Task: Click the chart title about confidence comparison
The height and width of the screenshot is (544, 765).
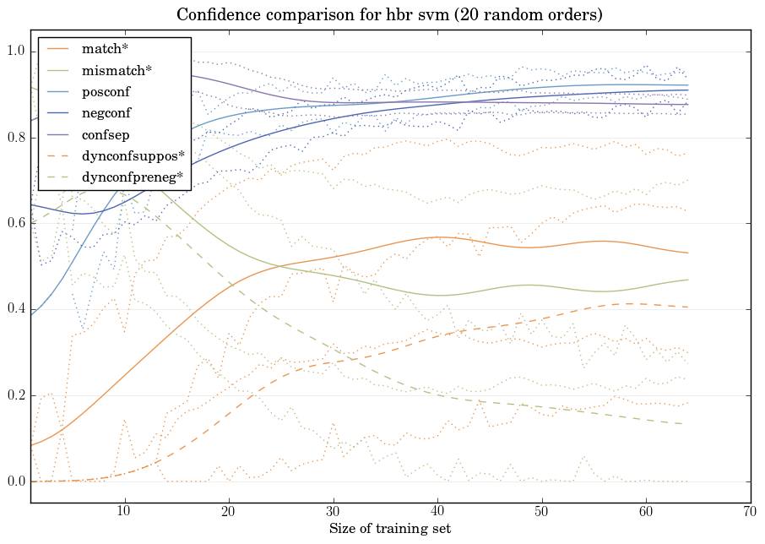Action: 389,15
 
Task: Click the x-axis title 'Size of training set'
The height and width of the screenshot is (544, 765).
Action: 389,529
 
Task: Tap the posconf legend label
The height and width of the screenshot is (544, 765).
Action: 106,91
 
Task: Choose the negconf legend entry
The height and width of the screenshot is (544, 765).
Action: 106,112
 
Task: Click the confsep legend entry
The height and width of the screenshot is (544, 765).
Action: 105,133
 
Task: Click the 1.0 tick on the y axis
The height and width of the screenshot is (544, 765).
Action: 15,52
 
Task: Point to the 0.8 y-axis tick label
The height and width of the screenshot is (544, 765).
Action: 15,138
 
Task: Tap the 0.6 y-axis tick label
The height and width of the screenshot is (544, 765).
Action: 15,224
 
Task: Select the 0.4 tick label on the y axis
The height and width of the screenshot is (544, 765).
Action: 15,310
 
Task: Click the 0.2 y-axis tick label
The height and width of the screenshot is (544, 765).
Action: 15,395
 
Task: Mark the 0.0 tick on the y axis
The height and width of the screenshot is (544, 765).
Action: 15,481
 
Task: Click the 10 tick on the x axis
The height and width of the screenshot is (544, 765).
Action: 124,512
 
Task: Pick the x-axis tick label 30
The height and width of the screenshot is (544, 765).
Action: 333,512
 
